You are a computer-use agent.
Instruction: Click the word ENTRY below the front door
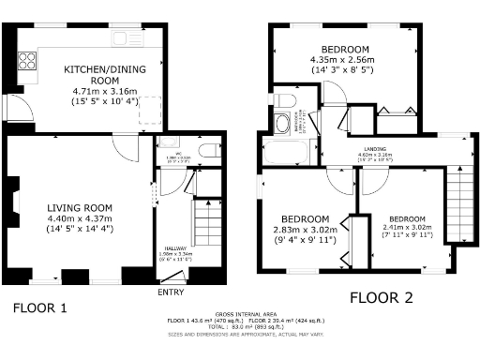click(172, 293)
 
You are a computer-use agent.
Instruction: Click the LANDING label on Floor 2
click(379, 149)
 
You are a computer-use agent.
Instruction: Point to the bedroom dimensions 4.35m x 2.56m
click(345, 59)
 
